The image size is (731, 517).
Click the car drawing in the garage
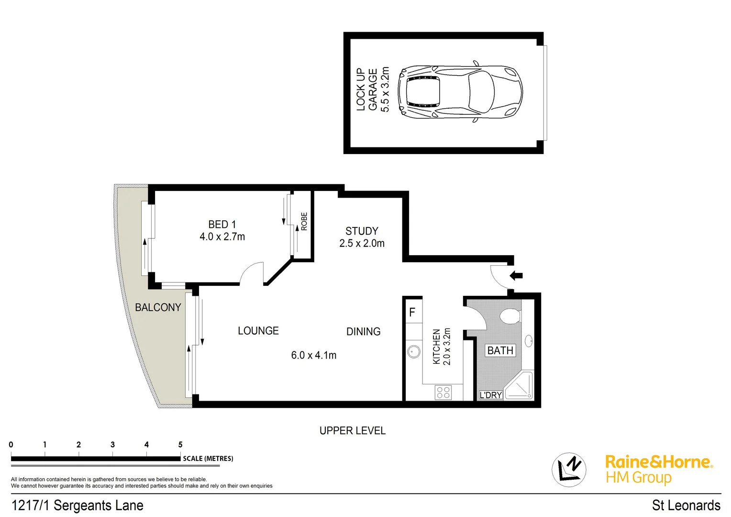click(x=460, y=91)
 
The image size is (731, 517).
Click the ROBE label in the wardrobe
click(x=304, y=222)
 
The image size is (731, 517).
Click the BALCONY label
click(x=158, y=307)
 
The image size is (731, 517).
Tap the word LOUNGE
click(x=258, y=331)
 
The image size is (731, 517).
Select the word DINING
click(x=363, y=331)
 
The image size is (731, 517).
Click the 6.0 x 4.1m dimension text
click(x=313, y=355)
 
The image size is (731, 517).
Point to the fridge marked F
click(x=412, y=312)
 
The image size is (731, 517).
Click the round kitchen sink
click(x=414, y=352)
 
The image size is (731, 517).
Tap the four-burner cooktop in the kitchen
click(x=443, y=393)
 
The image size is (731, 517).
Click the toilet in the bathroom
click(x=509, y=316)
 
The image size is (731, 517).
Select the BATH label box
click(x=500, y=350)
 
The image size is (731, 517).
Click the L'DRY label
click(x=490, y=395)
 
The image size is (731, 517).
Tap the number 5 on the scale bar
click(x=180, y=445)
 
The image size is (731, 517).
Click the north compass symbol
click(x=569, y=469)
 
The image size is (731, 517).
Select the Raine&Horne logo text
click(x=658, y=462)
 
